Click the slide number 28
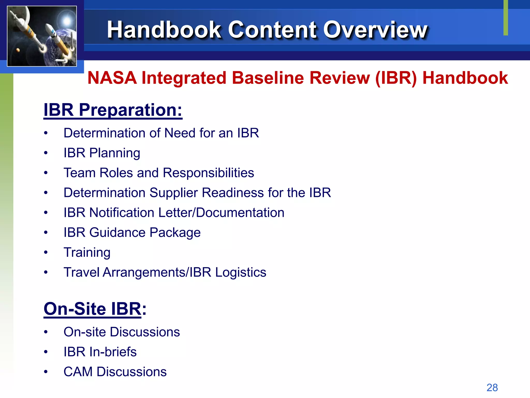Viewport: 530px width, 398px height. (x=492, y=388)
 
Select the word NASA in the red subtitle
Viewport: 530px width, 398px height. (x=112, y=78)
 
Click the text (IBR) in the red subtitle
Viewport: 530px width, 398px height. (x=396, y=78)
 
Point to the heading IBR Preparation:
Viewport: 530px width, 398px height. (x=113, y=110)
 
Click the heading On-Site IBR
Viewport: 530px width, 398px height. (x=92, y=309)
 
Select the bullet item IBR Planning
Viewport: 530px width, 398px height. (x=102, y=153)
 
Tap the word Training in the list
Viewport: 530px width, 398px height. (x=87, y=252)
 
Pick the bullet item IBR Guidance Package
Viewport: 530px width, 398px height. (x=132, y=232)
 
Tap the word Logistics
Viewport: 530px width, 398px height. (x=240, y=272)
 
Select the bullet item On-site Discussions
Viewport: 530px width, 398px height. (x=122, y=332)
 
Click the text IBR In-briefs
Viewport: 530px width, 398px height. (x=100, y=352)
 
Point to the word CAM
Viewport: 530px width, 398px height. (x=78, y=372)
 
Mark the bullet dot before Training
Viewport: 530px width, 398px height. (x=46, y=252)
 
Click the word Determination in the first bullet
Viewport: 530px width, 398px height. (x=104, y=133)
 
